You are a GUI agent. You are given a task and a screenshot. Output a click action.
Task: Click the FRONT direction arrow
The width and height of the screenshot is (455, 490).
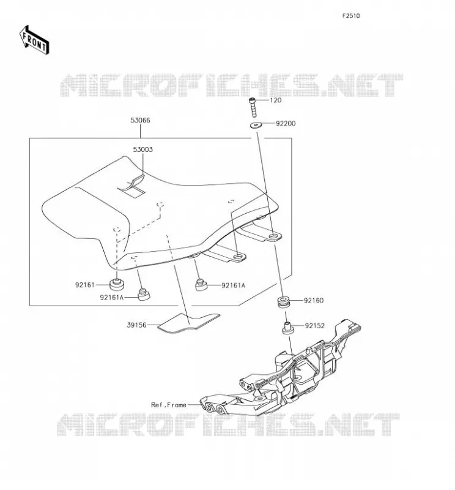click(34, 40)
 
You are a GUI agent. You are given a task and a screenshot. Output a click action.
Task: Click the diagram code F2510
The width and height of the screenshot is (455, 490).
click(351, 16)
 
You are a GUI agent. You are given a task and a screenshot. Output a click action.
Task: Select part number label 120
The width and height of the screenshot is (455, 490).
click(276, 100)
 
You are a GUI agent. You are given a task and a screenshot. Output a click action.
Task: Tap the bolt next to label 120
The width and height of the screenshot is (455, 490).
click(253, 107)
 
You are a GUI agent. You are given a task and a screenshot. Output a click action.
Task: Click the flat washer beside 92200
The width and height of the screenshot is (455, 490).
click(256, 125)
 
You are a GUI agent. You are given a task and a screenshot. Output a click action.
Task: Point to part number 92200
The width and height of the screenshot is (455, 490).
click(285, 124)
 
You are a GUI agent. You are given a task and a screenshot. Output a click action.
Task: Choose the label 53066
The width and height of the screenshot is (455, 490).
click(140, 120)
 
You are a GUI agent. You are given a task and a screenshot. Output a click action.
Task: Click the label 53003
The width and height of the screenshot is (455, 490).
click(143, 149)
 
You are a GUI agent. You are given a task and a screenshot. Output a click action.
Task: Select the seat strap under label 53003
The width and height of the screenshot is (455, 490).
click(131, 187)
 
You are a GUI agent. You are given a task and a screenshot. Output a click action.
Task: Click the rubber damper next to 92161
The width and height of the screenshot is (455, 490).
click(117, 284)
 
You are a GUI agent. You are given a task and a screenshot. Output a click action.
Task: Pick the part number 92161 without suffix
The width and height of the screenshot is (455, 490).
click(85, 285)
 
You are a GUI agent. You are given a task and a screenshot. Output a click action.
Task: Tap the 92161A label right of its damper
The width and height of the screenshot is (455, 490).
click(233, 285)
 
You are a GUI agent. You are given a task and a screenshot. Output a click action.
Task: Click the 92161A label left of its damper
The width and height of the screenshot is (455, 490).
click(112, 298)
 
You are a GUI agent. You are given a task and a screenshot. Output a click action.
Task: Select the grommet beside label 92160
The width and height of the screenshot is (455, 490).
click(284, 301)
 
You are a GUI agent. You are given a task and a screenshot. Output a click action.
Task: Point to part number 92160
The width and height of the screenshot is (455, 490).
click(314, 301)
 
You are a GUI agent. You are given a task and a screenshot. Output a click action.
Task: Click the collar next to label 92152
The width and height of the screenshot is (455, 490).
click(287, 328)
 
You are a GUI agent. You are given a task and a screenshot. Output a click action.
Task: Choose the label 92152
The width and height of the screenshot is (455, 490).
click(314, 326)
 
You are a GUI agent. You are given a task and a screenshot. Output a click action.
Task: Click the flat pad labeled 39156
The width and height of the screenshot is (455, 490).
click(189, 322)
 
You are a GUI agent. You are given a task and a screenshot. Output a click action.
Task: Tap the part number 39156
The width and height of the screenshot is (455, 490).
click(136, 325)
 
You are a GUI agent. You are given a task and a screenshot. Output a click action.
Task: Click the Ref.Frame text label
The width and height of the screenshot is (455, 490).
click(169, 405)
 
